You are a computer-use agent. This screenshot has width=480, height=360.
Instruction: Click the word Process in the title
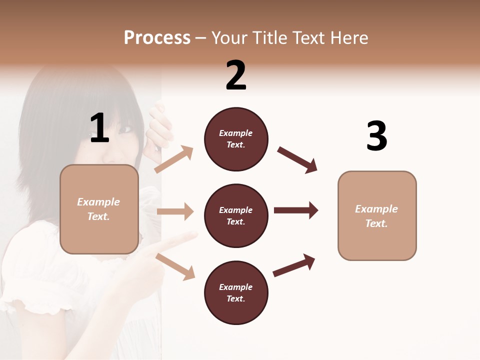157,38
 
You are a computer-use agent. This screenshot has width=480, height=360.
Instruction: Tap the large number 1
99,128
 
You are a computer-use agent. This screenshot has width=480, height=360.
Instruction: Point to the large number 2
236,75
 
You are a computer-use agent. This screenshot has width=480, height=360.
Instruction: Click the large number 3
376,136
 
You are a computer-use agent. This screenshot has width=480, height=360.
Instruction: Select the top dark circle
236,139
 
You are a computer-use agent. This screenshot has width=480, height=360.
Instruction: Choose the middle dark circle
236,215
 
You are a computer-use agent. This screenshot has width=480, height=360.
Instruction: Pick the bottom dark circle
236,292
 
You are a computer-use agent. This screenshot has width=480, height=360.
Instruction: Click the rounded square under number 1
99,209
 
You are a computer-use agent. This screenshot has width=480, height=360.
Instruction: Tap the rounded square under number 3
377,216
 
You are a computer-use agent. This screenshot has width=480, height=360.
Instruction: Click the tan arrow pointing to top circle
173,159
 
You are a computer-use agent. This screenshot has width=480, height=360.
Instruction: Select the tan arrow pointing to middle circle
175,211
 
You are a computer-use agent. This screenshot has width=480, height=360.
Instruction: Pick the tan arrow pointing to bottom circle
175,266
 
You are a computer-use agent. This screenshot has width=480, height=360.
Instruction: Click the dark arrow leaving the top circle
297,160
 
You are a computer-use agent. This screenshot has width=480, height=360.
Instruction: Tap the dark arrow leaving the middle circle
296,210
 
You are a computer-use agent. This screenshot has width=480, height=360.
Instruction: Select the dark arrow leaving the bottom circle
294,265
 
